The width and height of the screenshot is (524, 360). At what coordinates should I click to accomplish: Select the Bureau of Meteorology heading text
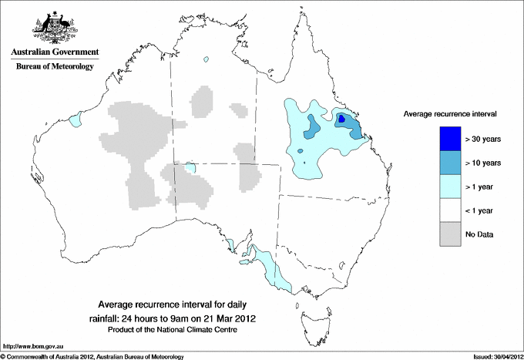coord(54,67)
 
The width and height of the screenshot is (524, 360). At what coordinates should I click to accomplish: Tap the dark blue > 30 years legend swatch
coord(451,139)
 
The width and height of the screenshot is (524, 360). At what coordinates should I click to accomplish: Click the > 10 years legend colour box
coord(451,163)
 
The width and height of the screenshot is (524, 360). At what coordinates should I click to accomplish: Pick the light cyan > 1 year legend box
coord(451,187)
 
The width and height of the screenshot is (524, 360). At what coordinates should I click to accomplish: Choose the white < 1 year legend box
coord(451,210)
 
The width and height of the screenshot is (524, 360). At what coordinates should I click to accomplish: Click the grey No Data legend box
coord(451,234)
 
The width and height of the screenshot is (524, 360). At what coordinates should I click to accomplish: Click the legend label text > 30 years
coord(484,140)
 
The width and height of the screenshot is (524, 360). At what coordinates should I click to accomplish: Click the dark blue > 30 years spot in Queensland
coord(342,119)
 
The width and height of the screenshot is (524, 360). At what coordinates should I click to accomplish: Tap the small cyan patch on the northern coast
coord(206,59)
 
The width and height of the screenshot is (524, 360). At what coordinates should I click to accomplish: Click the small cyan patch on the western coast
coord(76,121)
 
